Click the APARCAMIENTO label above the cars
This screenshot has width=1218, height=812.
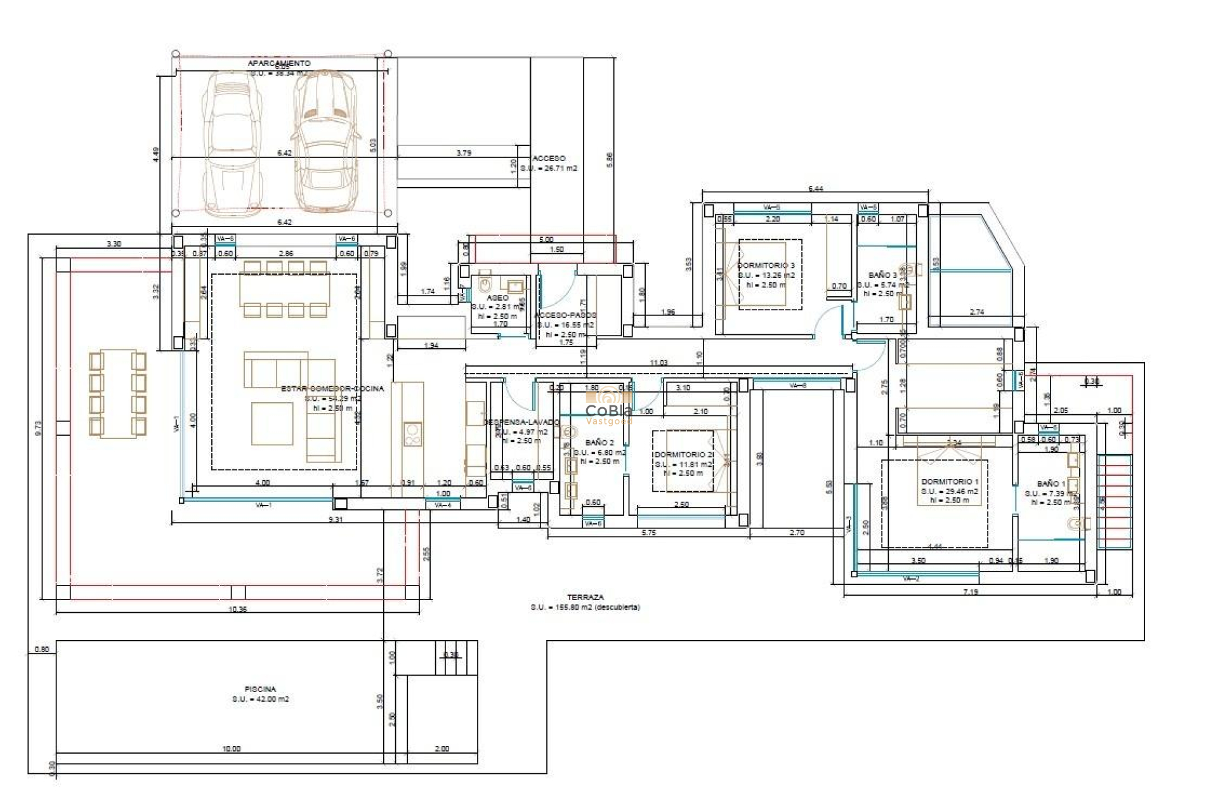pyautogui.click(x=279, y=63)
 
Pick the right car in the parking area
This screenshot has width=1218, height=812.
pyautogui.click(x=324, y=141)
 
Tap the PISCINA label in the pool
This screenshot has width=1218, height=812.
pyautogui.click(x=260, y=689)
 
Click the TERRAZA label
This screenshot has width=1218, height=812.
pyautogui.click(x=585, y=598)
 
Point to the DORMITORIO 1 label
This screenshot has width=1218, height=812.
pyautogui.click(x=949, y=482)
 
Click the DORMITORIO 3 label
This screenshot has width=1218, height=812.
pyautogui.click(x=766, y=266)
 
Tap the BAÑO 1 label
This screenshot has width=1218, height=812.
pyautogui.click(x=1051, y=484)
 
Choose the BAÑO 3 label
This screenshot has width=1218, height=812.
pyautogui.click(x=882, y=275)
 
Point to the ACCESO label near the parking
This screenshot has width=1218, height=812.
pyautogui.click(x=549, y=159)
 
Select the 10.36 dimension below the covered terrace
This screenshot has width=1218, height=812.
pyautogui.click(x=237, y=609)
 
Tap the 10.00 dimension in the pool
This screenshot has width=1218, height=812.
pyautogui.click(x=231, y=749)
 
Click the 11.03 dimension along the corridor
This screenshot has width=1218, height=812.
pyautogui.click(x=658, y=363)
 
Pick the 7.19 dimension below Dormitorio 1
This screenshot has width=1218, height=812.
pyautogui.click(x=970, y=592)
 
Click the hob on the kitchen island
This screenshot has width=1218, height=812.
pyautogui.click(x=412, y=435)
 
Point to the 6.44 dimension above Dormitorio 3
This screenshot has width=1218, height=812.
pyautogui.click(x=815, y=188)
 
